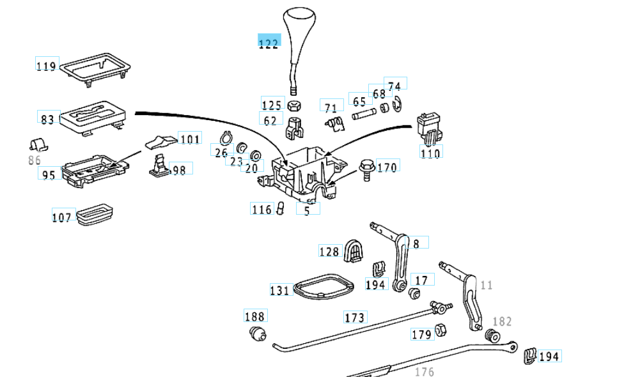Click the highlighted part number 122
coord(269,43)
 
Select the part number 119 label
coord(47,65)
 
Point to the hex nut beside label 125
coord(294,106)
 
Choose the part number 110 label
coord(431,153)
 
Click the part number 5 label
coord(308,210)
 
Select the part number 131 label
coord(280,290)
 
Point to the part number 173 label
coord(355,317)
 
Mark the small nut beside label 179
coord(441,330)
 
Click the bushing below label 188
coord(257,334)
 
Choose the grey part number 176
coord(425,371)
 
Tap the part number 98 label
coord(180,170)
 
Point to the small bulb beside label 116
coord(279,209)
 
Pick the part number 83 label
coord(48,119)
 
